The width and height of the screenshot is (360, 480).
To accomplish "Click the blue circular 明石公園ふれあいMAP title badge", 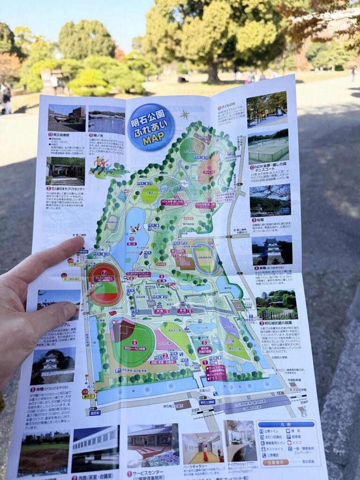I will pyautogui.click(x=150, y=127).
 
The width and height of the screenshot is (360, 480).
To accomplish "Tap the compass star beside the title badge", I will pyautogui.click(x=185, y=114).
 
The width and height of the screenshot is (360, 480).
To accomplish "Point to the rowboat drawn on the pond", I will pyautogui.click(x=135, y=229).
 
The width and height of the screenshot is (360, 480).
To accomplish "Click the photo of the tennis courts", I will pyautogui.click(x=268, y=147).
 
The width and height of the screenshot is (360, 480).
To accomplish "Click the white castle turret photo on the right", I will pyautogui.click(x=272, y=250).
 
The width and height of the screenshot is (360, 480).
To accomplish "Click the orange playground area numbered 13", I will pyautogui.click(x=208, y=169).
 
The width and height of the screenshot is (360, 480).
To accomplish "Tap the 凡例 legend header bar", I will pyautogui.click(x=285, y=424).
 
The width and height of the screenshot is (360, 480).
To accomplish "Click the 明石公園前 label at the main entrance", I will pyautogui.click(x=207, y=402).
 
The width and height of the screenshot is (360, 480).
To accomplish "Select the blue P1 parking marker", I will pyautogui.click(x=118, y=370).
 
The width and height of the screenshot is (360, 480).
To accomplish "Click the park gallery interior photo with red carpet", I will pyautogui.click(x=202, y=448).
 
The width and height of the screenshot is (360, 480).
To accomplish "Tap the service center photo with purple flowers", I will pyautogui.click(x=153, y=445).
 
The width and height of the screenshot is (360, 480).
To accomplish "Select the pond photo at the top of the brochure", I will pyautogui.click(x=106, y=120).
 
